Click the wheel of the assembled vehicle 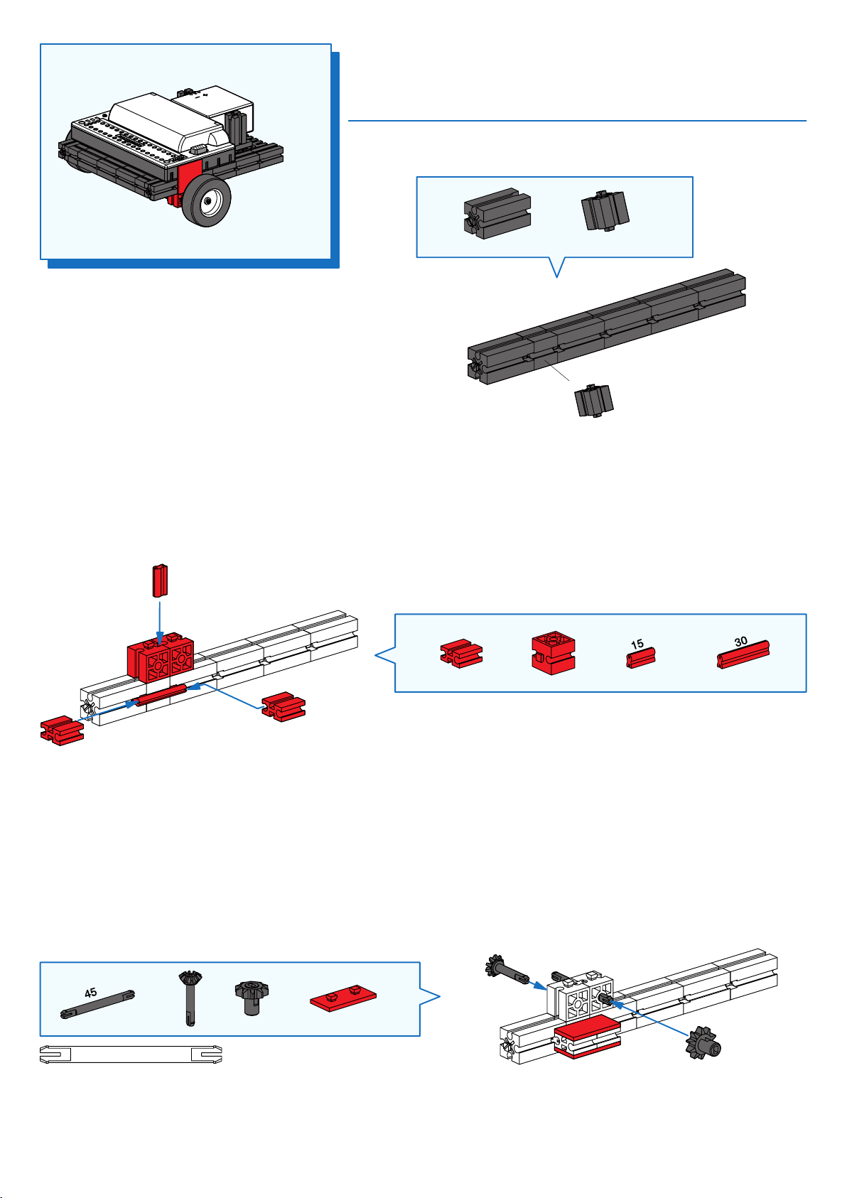click(206, 200)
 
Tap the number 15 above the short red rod click(637, 644)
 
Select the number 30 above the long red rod click(740, 641)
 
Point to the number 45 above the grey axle click(90, 993)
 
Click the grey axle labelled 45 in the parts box click(97, 1005)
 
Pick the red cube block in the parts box click(554, 652)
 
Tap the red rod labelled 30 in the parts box click(743, 654)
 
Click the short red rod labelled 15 click(641, 658)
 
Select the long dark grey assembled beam click(606, 326)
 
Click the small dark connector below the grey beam click(594, 401)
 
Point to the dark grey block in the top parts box click(497, 213)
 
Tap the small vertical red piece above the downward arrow click(160, 581)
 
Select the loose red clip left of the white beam click(62, 730)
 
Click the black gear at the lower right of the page click(703, 1042)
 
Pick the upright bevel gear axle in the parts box click(190, 998)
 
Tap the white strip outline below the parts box click(131, 1054)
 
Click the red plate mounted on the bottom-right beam click(587, 1036)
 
